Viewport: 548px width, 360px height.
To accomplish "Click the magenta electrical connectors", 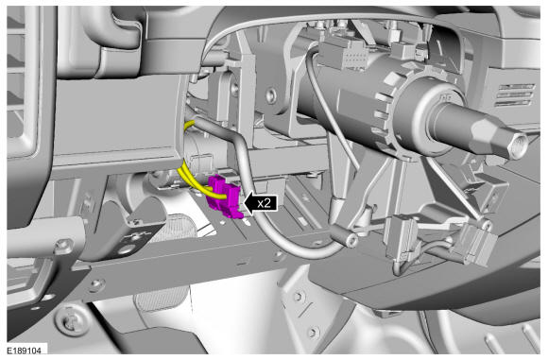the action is [224, 197].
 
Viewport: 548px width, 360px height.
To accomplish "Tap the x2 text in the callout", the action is [264, 203].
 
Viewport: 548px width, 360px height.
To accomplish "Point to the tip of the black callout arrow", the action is [244, 203].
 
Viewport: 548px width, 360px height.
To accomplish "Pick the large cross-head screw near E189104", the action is [71, 321].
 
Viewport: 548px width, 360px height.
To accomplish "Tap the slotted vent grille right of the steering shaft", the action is [514, 95].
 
